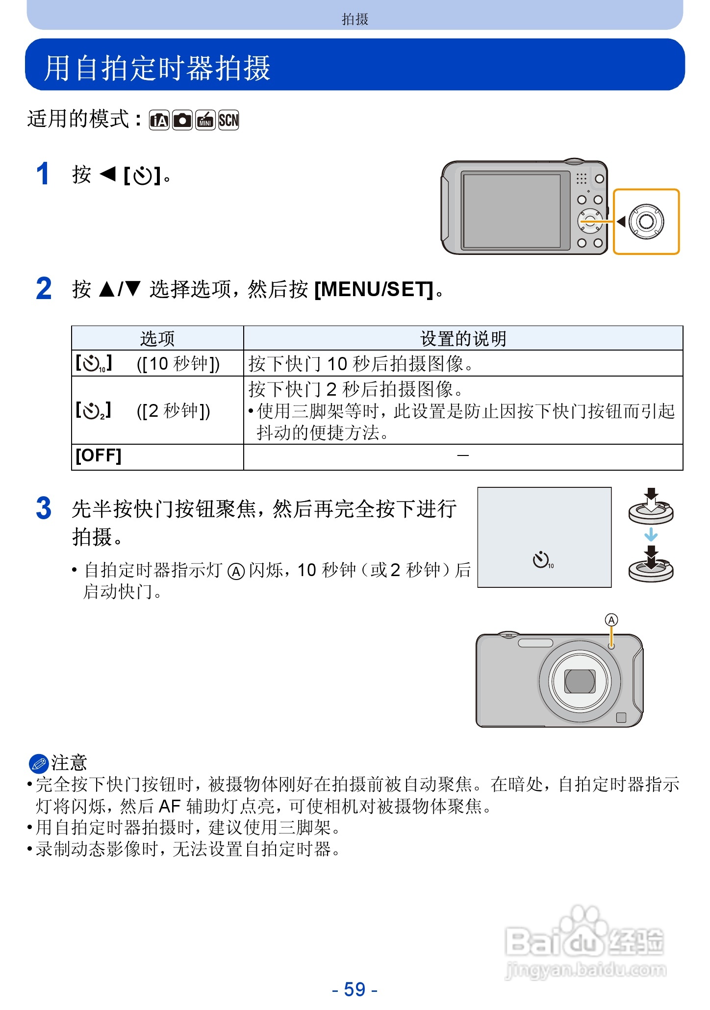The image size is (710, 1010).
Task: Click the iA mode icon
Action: pos(159,120)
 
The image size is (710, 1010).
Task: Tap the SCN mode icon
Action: pos(228,120)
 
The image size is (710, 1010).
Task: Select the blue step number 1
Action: pos(43,174)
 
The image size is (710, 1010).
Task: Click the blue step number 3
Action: pos(44,508)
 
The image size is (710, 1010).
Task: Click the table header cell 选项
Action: pos(157,338)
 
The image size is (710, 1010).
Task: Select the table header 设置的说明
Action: pos(463,338)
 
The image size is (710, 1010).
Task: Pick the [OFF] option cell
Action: pos(99,455)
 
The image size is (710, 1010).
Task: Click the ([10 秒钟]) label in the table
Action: pos(178,364)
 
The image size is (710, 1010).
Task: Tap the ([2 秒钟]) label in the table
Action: pos(173,410)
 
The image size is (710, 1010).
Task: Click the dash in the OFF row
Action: pos(463,456)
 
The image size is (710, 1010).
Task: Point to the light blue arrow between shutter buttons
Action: pos(651,534)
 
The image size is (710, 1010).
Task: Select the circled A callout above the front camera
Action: pos(611,620)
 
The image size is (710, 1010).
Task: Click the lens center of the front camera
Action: pos(580,682)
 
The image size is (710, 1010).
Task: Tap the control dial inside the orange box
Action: pos(646,222)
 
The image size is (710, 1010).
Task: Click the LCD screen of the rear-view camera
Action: pos(511,210)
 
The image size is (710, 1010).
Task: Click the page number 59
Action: pos(355,989)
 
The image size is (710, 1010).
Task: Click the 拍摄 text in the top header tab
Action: pos(355,19)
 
